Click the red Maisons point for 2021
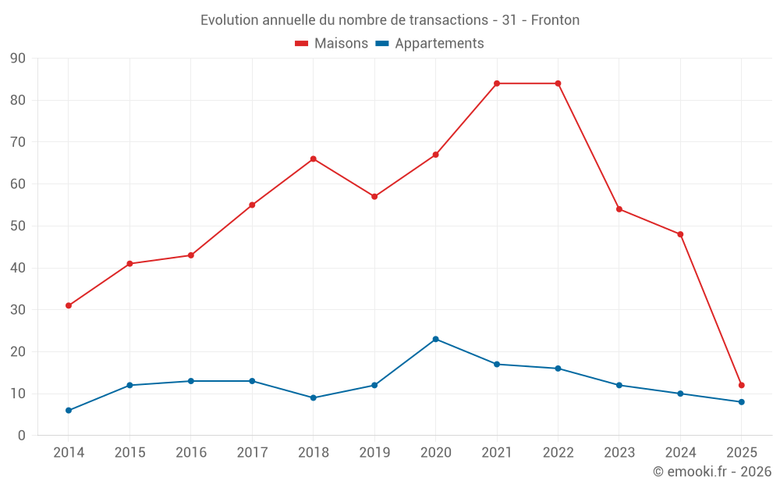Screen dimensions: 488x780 497,84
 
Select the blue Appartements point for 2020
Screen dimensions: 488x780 435,339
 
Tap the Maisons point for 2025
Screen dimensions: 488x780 741,385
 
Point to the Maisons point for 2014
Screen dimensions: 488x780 69,305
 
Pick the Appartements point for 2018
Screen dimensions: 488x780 314,397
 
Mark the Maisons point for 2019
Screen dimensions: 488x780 374,197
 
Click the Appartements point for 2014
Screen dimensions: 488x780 69,410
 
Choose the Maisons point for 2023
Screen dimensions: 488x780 619,209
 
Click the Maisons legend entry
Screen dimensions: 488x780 331,44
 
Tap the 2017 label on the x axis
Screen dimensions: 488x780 252,453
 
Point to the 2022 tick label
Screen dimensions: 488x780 558,453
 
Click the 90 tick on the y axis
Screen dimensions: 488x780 18,59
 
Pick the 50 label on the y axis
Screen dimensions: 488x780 18,226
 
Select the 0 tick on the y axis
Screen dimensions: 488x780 22,436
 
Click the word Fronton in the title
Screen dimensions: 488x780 555,20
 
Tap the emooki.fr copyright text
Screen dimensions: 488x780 711,472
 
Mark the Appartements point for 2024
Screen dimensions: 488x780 680,394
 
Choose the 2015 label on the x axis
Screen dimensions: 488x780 129,453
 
